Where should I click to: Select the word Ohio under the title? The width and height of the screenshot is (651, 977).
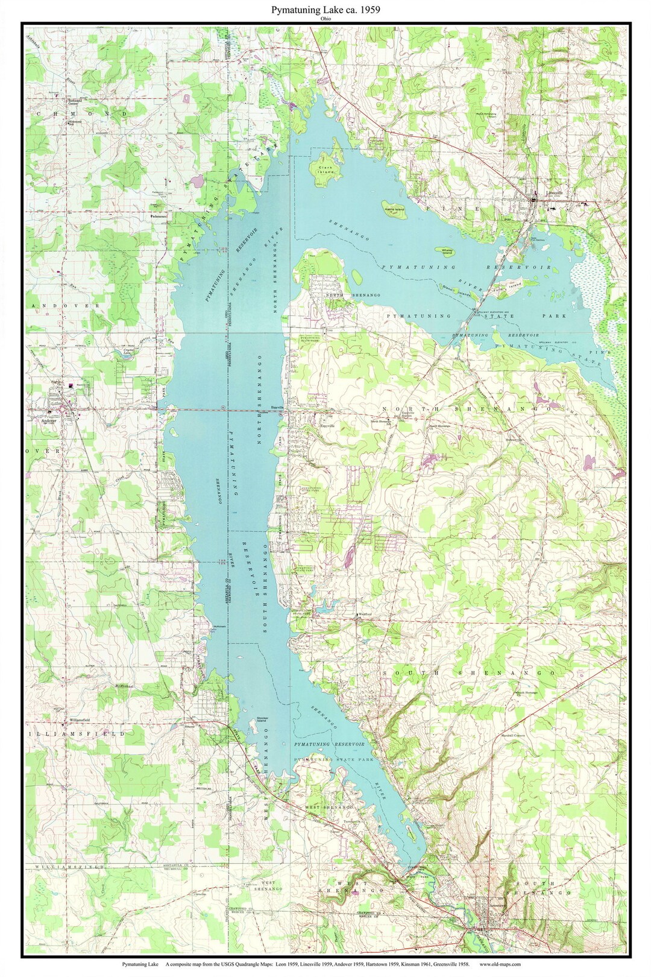click(x=326, y=19)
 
